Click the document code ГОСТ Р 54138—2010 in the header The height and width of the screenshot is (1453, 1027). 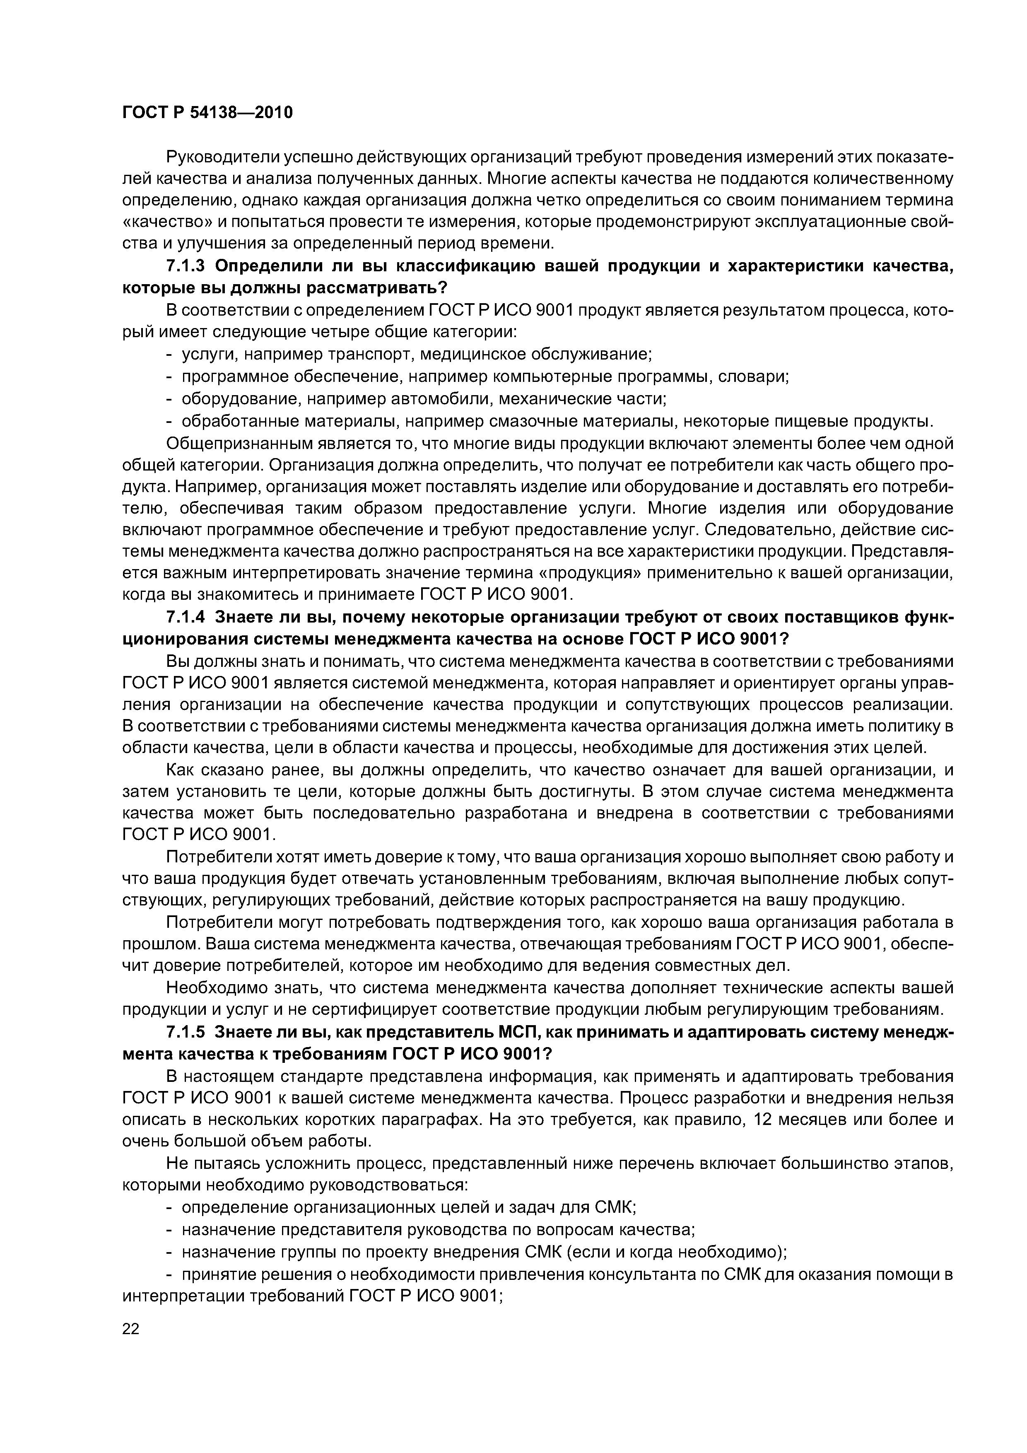[207, 113]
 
